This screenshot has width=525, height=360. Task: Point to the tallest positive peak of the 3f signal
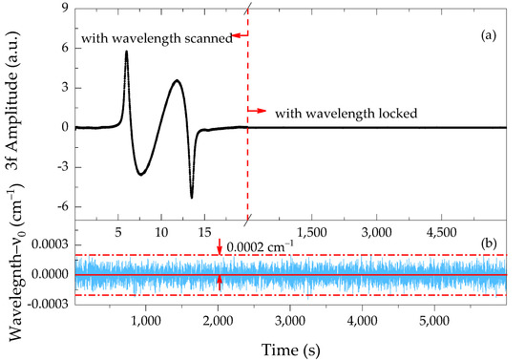pos(126,52)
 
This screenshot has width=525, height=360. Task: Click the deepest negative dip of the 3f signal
pos(192,198)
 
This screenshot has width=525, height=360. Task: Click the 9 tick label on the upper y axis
pos(63,7)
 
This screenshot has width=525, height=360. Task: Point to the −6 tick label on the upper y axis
pos(59,207)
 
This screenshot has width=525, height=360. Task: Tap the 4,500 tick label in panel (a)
pos(444,231)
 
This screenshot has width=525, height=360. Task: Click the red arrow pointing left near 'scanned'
pos(240,35)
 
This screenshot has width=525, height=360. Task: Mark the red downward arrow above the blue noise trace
pos(220,250)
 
